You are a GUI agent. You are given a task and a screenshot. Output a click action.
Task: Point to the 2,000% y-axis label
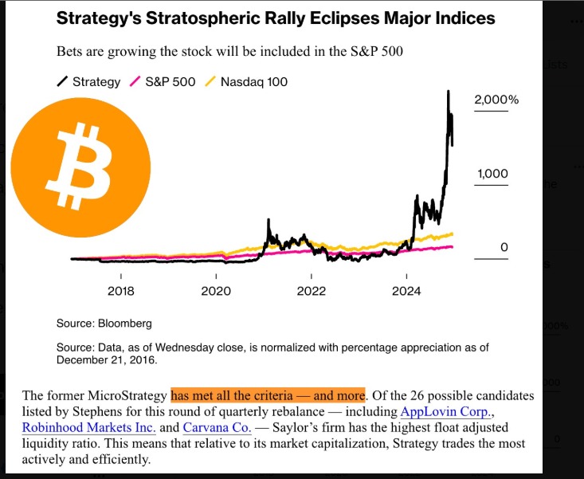point(496,100)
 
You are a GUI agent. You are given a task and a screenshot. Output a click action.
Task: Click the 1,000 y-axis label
point(492,174)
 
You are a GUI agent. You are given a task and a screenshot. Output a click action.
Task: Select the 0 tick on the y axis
point(504,248)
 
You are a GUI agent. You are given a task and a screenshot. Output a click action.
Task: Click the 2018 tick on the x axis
point(121,291)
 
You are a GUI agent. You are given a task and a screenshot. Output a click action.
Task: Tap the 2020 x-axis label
point(216,291)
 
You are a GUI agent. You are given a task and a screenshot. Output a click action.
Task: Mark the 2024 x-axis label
point(406,291)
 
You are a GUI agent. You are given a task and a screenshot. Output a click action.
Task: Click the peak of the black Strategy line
point(449,92)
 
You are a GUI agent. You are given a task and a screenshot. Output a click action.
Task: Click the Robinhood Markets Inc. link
point(89,427)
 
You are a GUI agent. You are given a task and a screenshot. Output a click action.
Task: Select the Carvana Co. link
point(217,427)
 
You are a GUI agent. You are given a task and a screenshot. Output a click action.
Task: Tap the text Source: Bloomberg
point(104,324)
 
